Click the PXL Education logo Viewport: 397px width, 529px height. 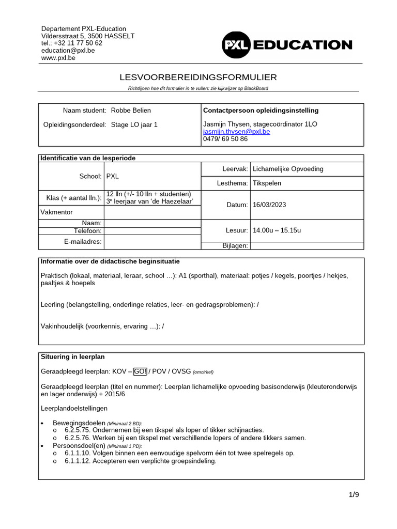coord(287,45)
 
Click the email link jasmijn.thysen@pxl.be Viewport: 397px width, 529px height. coord(236,132)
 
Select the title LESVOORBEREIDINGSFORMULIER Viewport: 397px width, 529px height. coord(198,77)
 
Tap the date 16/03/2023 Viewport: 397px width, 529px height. coord(269,205)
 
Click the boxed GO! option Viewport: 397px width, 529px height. coord(140,371)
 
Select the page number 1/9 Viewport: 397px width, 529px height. coord(354,494)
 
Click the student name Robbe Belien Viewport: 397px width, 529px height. coord(131,111)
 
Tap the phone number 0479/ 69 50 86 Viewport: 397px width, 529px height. coord(225,139)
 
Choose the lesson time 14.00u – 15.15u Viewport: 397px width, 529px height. coord(277,230)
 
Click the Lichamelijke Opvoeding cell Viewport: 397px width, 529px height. coord(288,169)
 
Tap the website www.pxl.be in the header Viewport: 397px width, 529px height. coord(58,58)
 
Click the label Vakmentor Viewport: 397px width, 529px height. coord(57,212)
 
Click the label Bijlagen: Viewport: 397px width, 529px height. coord(235,246)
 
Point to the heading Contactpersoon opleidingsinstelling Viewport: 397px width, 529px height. coord(261,111)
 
